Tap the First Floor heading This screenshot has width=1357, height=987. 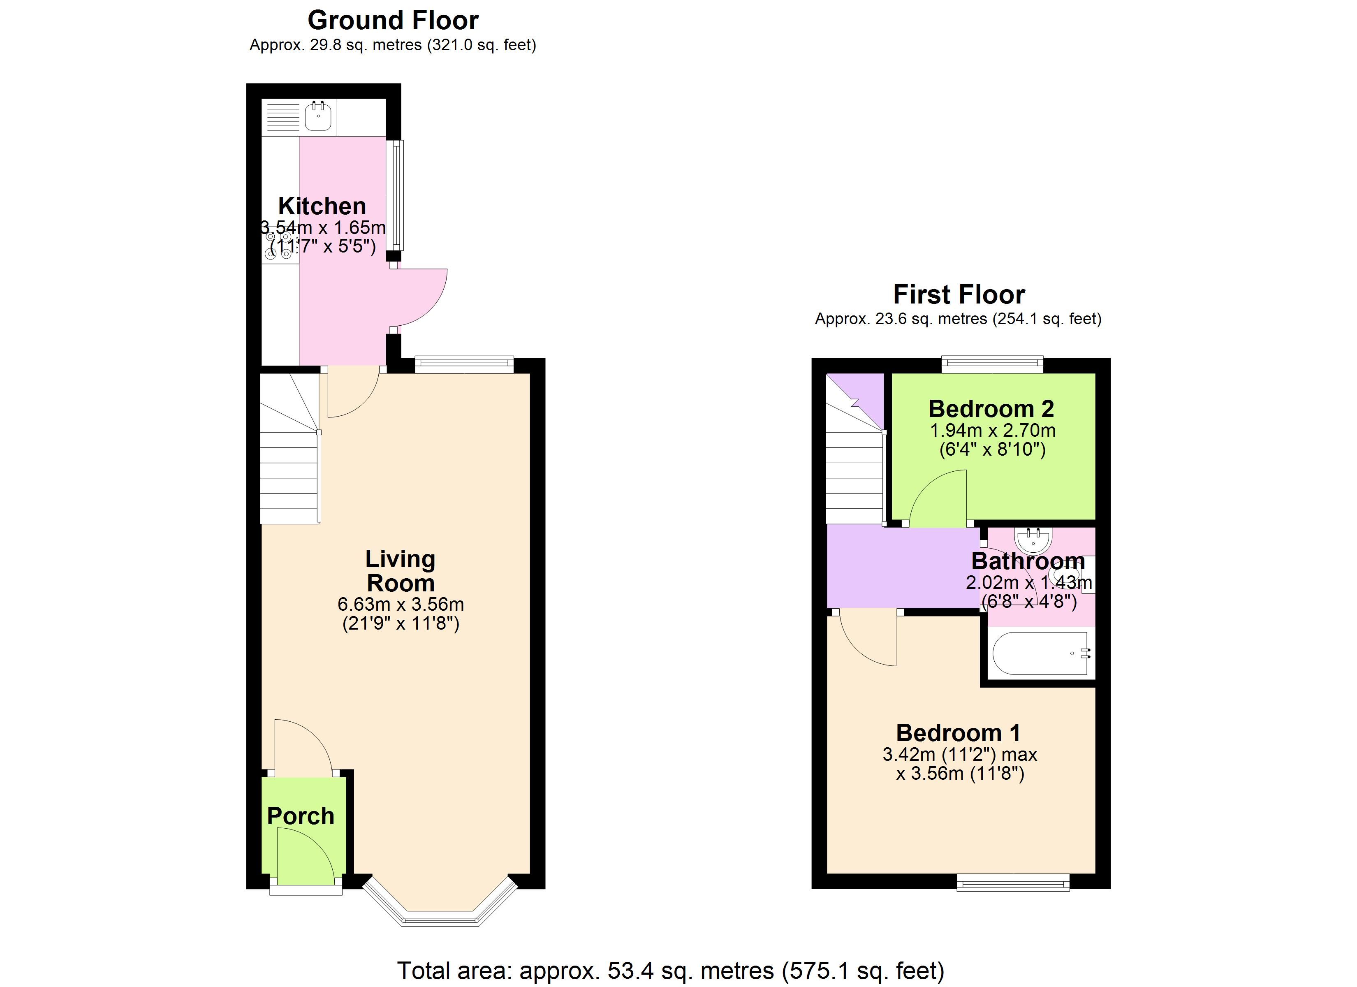(x=959, y=294)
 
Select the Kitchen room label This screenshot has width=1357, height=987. (x=322, y=206)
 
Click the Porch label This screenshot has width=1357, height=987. (x=300, y=816)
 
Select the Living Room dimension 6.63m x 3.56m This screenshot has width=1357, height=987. (x=400, y=604)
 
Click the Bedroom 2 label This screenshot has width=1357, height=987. (x=991, y=408)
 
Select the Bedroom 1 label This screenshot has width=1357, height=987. (x=959, y=732)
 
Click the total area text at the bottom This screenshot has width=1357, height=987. (x=671, y=970)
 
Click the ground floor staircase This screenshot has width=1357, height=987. (x=291, y=448)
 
